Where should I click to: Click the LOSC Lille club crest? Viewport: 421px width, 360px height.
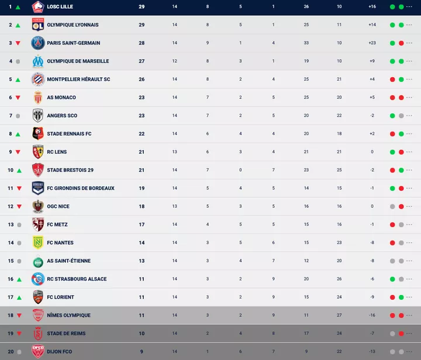38,7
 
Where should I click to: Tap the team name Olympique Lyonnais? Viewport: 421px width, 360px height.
73,25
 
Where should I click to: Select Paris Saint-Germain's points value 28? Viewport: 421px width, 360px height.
142,43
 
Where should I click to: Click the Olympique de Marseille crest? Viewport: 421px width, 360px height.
38,61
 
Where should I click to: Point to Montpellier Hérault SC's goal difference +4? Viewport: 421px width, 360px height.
372,80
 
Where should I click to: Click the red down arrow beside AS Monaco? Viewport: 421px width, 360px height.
18,98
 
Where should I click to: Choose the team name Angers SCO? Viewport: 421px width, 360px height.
62,116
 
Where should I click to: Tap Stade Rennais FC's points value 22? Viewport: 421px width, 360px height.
142,134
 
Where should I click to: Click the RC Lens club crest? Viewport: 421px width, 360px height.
38,152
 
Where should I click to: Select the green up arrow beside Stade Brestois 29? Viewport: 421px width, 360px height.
19,170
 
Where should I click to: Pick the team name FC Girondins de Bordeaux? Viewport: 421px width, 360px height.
81,188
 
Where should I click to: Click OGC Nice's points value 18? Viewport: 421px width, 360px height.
142,207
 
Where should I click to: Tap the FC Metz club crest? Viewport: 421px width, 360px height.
38,225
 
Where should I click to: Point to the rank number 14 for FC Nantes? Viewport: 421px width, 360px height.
11,243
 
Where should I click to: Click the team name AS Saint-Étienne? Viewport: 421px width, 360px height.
69,261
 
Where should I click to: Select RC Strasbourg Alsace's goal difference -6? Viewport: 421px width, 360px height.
372,279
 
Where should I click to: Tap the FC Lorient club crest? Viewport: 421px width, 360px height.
38,297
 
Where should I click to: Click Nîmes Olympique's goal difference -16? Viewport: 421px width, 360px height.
372,316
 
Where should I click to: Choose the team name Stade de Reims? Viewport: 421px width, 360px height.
66,334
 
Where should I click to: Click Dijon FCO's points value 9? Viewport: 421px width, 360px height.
142,352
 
